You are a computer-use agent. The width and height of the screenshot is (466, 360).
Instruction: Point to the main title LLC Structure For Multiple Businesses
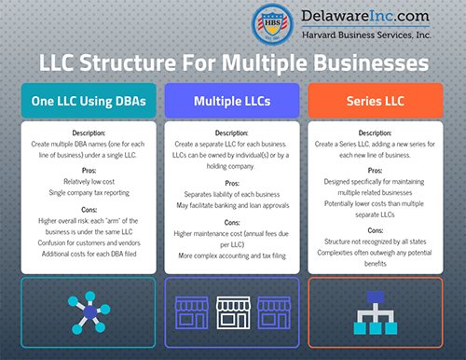[x=233, y=63]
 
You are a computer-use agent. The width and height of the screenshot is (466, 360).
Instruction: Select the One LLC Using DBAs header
[x=81, y=100]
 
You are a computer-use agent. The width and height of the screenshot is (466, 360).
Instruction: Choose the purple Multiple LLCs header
[x=232, y=100]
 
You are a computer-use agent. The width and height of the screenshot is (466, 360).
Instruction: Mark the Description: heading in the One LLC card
[x=81, y=133]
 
